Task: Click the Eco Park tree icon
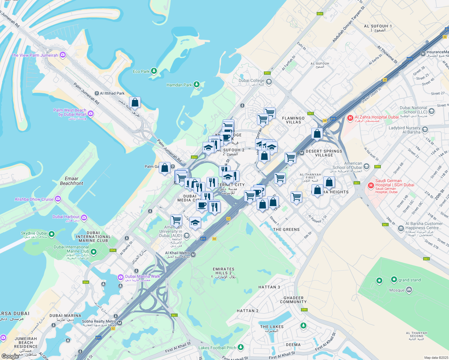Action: (154, 71)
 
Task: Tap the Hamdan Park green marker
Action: (197, 85)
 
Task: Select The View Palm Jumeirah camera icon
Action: (62, 55)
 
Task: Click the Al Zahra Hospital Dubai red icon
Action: (350, 118)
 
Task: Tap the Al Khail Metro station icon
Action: (193, 255)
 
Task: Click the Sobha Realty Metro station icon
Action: (120, 323)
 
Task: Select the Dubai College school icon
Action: (269, 81)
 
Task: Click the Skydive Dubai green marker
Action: (52, 234)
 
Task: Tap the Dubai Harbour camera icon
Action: (84, 217)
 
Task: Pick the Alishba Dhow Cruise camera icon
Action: (58, 199)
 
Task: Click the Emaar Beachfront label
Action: (71, 181)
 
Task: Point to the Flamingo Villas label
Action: (293, 120)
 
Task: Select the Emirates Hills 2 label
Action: (224, 273)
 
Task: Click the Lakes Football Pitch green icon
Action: (240, 347)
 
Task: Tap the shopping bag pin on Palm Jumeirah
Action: (135, 103)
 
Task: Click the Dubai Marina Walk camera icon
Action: (120, 277)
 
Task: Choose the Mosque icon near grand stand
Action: (409, 290)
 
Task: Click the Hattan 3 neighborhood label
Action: (269, 287)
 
